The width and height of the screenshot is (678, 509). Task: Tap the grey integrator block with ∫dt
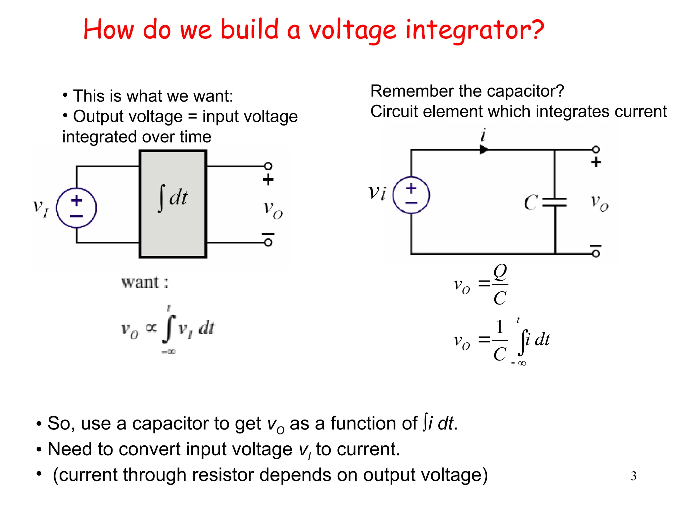(x=173, y=204)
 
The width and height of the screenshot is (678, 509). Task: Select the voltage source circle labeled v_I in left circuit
(x=76, y=208)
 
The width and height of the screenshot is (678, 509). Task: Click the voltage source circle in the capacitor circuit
(x=411, y=195)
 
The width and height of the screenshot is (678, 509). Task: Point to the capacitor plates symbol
(x=555, y=202)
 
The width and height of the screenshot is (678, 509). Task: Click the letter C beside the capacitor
(x=530, y=202)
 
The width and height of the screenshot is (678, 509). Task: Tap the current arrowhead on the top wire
(x=484, y=150)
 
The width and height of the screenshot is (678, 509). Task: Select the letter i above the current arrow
(x=483, y=135)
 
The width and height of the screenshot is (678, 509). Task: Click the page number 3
(x=633, y=476)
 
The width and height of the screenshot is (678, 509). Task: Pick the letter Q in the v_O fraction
(x=500, y=272)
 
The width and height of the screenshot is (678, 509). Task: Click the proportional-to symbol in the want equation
(x=151, y=328)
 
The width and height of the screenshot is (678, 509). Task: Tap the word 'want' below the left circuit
(x=140, y=283)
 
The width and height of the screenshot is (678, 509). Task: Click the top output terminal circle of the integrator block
(x=268, y=166)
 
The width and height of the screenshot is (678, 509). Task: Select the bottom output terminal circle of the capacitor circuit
(x=596, y=254)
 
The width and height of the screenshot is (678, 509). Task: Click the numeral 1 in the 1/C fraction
(x=500, y=327)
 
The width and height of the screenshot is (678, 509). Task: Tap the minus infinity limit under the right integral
(x=518, y=363)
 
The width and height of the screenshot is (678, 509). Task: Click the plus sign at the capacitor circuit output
(x=596, y=162)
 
